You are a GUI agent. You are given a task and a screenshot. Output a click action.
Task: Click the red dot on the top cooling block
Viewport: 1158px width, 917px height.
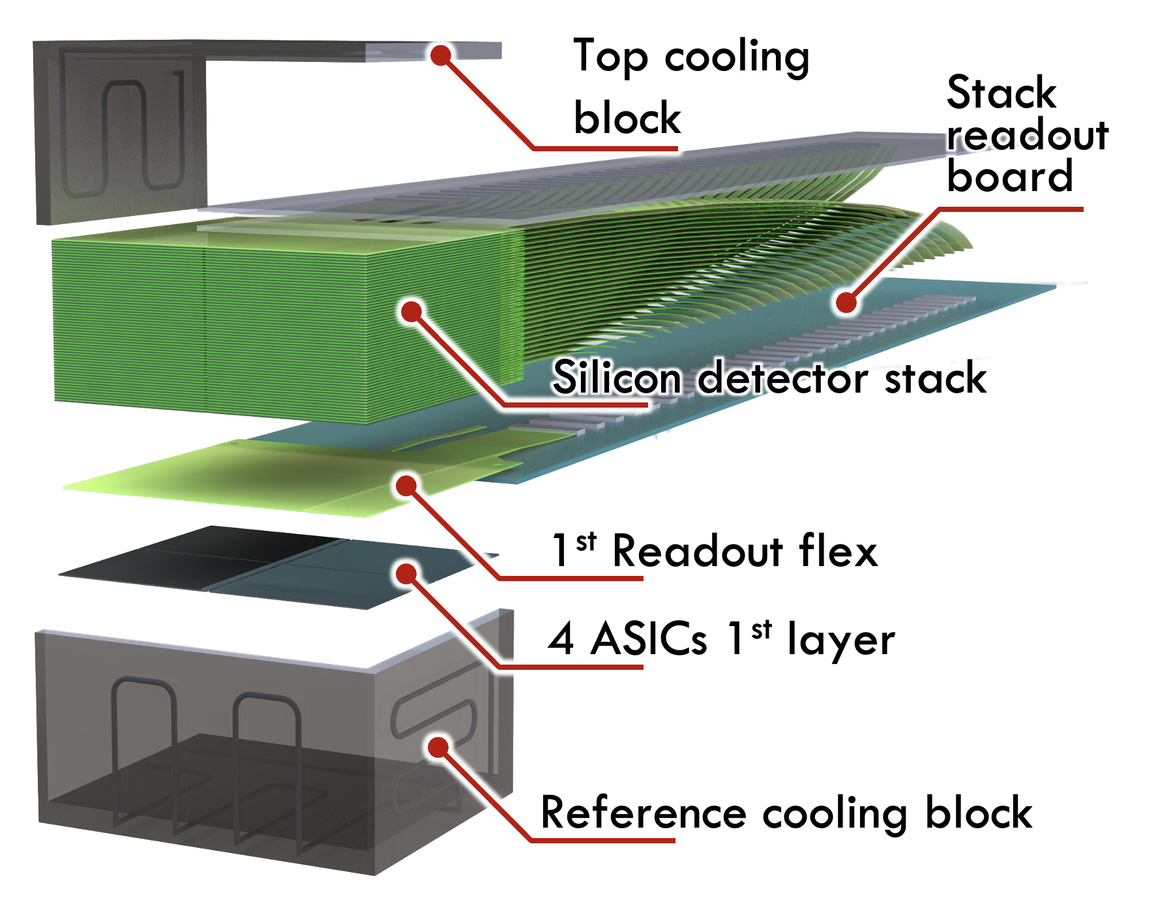[441, 55]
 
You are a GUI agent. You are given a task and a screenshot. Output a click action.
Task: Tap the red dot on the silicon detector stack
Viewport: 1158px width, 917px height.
[411, 311]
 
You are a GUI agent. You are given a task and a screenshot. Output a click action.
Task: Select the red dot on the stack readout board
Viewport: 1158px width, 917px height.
[846, 302]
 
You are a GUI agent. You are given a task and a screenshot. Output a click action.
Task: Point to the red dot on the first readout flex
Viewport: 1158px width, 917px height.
[406, 485]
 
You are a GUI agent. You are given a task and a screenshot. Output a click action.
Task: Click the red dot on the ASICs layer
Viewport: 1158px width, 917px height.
[406, 573]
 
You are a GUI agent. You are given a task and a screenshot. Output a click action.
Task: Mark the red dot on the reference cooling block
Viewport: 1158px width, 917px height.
[439, 747]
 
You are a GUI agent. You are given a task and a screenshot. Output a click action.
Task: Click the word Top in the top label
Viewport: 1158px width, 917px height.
[610, 57]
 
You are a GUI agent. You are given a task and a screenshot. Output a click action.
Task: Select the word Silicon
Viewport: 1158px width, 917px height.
[617, 378]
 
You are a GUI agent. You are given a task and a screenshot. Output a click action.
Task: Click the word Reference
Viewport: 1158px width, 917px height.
[643, 813]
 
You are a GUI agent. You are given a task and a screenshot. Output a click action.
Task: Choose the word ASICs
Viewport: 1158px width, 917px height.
[648, 639]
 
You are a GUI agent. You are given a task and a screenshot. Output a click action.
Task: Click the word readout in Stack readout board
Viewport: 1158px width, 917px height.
[1028, 135]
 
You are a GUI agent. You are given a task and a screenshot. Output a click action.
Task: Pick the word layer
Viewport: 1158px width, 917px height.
[841, 640]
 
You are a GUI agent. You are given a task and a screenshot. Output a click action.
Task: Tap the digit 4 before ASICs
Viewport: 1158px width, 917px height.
[561, 639]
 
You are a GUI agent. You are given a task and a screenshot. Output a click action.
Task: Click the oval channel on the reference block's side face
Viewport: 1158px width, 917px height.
[434, 716]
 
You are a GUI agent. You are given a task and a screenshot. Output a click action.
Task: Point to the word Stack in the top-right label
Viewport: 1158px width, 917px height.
[1001, 93]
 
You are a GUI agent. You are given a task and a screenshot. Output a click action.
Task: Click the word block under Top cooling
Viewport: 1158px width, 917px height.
[627, 119]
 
